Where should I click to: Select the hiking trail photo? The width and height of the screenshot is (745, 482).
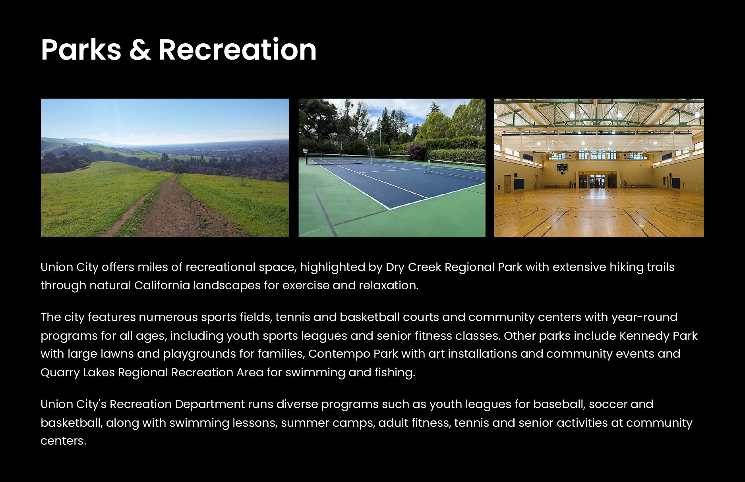(165, 168)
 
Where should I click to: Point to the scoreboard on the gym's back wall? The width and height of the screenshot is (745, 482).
(562, 167)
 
